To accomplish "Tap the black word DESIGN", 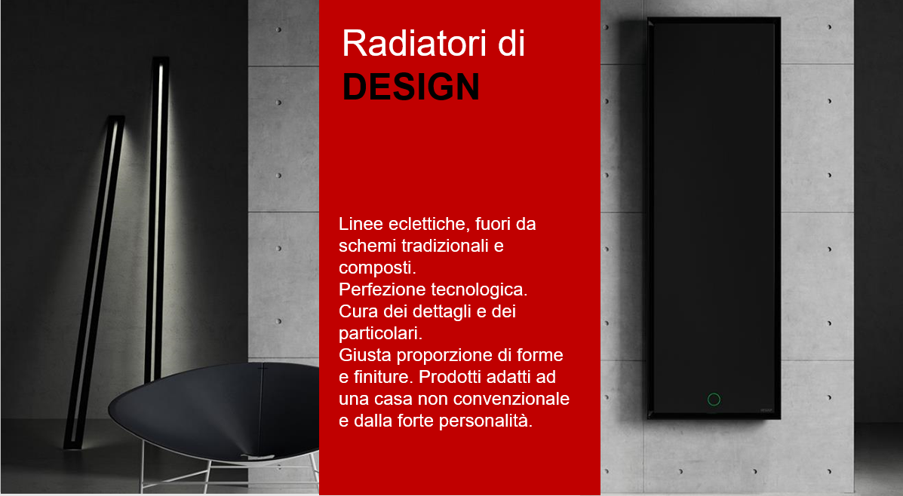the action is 411,87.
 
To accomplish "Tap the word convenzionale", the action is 519,398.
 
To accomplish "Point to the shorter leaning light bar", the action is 94,282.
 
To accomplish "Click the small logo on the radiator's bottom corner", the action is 766,410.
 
